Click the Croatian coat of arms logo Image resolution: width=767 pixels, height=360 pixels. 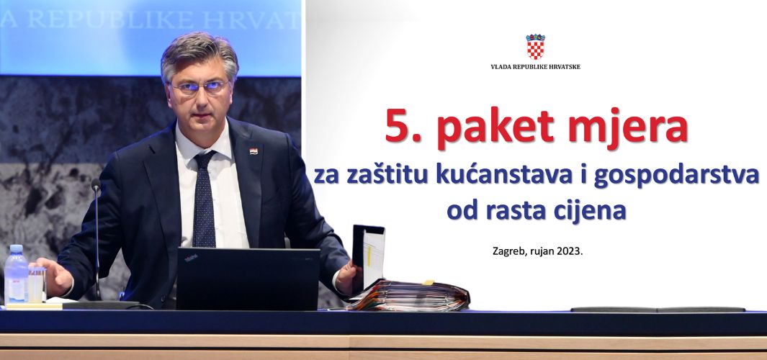[x=535, y=47]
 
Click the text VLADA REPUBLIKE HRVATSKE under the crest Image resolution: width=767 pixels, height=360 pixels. [x=535, y=66]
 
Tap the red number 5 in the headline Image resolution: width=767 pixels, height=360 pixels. [x=397, y=125]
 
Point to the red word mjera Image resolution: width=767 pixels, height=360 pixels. [x=628, y=128]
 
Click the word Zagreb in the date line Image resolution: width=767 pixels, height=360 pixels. [x=507, y=253]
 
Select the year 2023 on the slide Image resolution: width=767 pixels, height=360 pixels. [x=571, y=253]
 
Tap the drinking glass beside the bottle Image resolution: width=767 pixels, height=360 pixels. [x=37, y=284]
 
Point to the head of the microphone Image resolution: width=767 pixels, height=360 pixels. [x=96, y=184]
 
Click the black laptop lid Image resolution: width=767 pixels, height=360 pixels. [x=248, y=279]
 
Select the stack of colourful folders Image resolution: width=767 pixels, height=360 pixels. [x=410, y=297]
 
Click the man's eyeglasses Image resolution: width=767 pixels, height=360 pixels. [x=201, y=87]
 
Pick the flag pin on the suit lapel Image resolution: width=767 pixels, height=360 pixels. [x=254, y=151]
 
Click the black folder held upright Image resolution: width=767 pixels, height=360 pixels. [x=368, y=254]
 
